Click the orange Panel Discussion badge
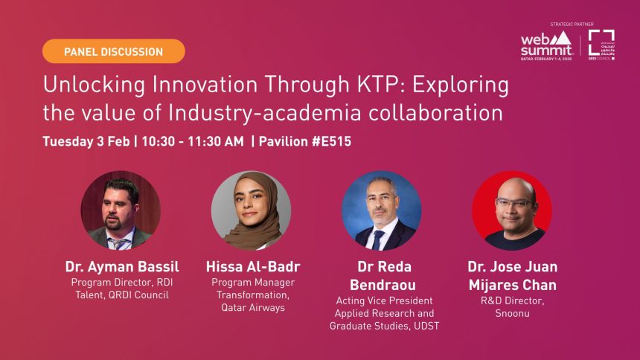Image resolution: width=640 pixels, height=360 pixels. click(x=113, y=51)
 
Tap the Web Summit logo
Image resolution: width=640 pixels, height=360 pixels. click(x=547, y=45)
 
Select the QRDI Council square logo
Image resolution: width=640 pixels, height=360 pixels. click(x=601, y=44)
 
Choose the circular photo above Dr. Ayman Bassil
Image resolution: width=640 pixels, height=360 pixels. click(x=121, y=210)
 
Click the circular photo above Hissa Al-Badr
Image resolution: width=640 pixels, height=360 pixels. click(x=251, y=210)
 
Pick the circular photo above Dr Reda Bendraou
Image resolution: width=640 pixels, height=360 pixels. click(x=381, y=210)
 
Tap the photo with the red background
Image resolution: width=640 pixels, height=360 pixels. click(x=511, y=210)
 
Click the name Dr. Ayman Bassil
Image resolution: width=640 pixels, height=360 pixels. click(x=121, y=266)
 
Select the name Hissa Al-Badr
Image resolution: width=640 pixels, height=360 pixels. click(x=251, y=266)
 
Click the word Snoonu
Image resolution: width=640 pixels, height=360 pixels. click(x=513, y=313)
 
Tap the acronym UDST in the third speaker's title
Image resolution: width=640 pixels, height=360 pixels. click(x=421, y=326)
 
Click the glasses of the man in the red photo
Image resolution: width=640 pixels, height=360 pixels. click(x=513, y=203)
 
